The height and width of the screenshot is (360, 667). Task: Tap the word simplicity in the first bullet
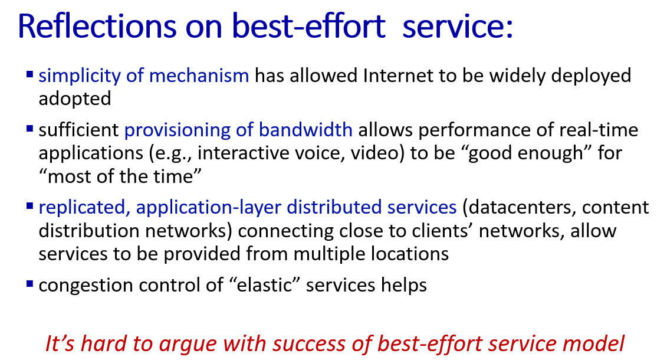pyautogui.click(x=80, y=76)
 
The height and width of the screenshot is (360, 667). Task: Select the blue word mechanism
pyautogui.click(x=199, y=76)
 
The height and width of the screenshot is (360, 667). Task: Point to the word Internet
pyautogui.click(x=397, y=76)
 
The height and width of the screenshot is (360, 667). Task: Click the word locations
pyautogui.click(x=410, y=254)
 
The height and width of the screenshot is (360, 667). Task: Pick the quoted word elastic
pyautogui.click(x=264, y=285)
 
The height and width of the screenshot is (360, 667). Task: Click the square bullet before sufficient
pyautogui.click(x=29, y=128)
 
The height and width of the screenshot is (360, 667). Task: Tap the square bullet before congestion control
pyautogui.click(x=29, y=283)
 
